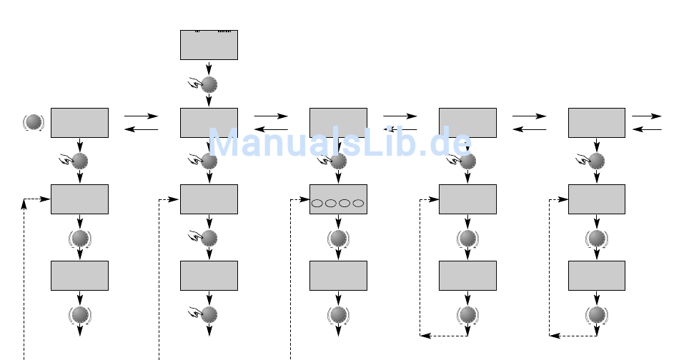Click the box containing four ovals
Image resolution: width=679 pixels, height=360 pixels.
coord(338,199)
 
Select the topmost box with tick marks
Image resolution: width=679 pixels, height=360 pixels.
coord(209,45)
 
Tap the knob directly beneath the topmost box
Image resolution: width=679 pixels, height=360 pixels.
coord(209,85)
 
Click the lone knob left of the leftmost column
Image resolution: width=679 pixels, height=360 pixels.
coord(33,122)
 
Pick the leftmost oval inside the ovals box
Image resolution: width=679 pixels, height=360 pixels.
coord(317,204)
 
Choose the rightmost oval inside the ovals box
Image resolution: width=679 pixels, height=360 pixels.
coord(358,204)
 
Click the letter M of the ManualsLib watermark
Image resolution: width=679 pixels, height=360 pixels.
coord(223,144)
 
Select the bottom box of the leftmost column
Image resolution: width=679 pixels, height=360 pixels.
coord(79,275)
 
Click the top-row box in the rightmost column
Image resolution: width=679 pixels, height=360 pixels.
coord(597,122)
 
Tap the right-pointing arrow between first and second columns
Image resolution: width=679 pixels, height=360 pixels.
coord(142,115)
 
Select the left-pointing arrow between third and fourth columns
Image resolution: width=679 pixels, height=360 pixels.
coord(400,129)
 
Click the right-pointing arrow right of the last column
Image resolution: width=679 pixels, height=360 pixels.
coord(647,115)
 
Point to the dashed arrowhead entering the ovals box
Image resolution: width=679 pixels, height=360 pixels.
coord(305,199)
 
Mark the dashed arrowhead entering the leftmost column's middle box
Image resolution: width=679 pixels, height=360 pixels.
coord(46,199)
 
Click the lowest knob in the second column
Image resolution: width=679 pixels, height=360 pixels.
coord(209,314)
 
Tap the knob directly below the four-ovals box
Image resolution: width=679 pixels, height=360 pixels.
coord(338,237)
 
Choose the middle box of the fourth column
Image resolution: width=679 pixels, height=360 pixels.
coord(467,199)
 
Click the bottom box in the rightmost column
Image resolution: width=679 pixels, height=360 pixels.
coord(597,275)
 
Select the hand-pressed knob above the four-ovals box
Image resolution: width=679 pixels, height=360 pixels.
coord(338,161)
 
